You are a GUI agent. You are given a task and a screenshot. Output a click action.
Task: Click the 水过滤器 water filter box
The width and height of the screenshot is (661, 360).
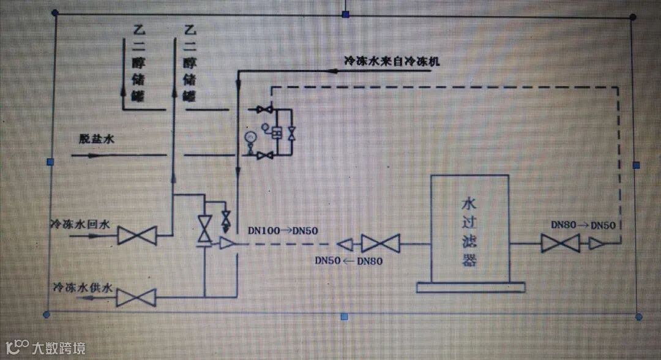coord(469,228)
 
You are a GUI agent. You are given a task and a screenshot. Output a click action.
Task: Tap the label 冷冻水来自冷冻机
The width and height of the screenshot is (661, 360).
coord(392,61)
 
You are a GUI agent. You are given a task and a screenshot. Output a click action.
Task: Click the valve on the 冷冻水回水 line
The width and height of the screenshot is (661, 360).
coord(137,235)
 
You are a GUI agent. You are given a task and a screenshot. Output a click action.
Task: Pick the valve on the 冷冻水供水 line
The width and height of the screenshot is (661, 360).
coord(136,298)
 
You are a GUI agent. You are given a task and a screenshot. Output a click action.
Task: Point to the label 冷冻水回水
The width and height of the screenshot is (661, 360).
coord(80,225)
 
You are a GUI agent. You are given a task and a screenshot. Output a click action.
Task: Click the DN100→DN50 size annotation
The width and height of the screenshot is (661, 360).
coord(283,231)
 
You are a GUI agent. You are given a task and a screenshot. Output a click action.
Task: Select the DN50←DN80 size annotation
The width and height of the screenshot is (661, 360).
coord(349,260)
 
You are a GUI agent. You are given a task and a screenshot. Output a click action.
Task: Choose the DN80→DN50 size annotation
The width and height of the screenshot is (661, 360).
coord(583,225)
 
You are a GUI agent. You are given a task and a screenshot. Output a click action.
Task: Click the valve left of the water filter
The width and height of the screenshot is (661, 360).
coord(380,244)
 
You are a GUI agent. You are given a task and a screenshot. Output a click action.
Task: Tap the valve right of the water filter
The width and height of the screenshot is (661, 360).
coord(560,244)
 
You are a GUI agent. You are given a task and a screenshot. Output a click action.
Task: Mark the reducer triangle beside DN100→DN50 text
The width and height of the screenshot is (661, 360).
coord(227,244)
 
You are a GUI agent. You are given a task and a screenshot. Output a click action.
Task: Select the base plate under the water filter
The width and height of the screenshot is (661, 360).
coord(470,287)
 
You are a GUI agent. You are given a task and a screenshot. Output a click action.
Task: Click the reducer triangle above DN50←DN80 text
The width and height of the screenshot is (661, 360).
coord(346,244)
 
